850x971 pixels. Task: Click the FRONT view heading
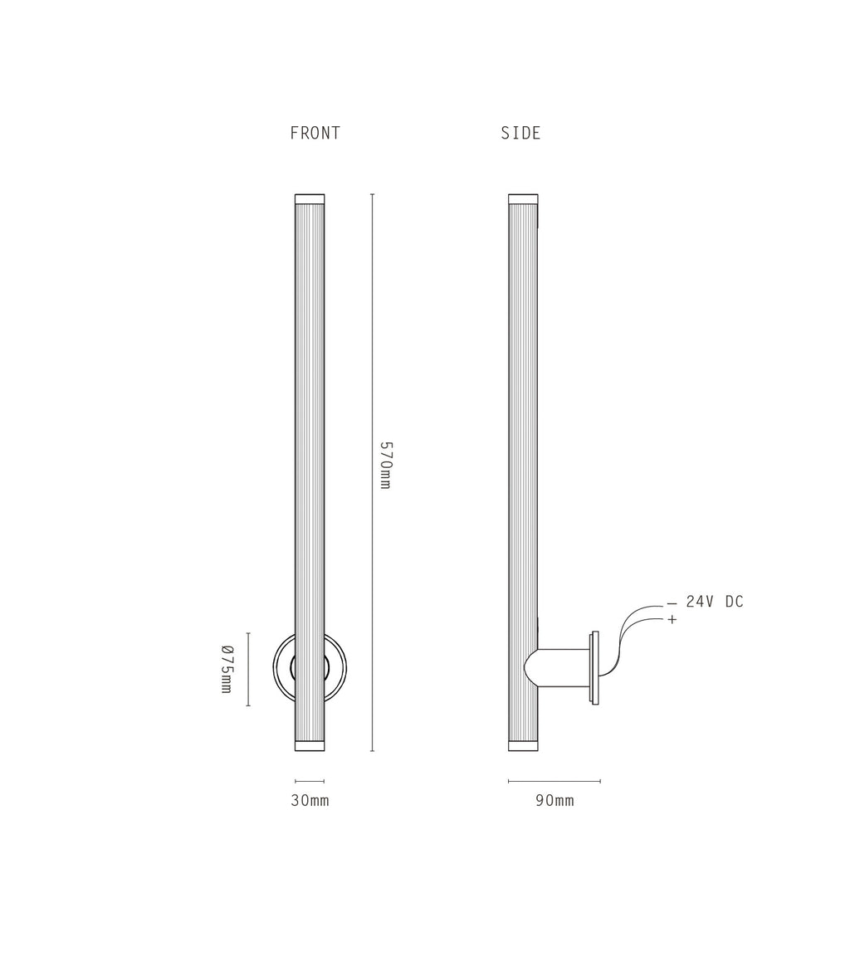coord(315,133)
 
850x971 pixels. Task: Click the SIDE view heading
coord(521,133)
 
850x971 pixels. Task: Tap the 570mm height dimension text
coord(385,465)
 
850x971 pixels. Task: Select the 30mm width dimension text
coord(310,801)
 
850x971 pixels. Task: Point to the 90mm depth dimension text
coord(555,801)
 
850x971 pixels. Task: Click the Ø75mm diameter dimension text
coord(227,669)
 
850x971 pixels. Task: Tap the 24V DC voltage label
coord(715,602)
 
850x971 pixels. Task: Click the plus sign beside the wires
coord(672,619)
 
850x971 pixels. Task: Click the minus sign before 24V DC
coord(672,604)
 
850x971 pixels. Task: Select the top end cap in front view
coord(310,199)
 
